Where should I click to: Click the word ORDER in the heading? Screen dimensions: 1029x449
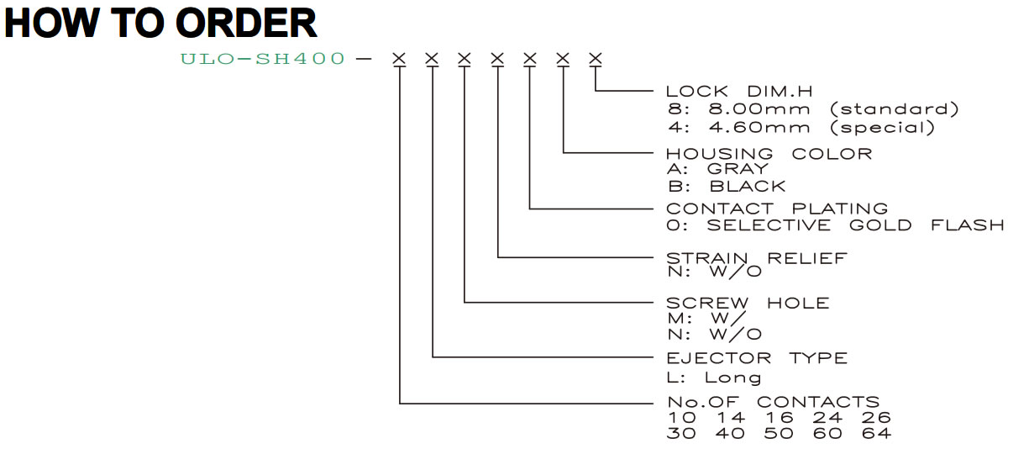[246, 23]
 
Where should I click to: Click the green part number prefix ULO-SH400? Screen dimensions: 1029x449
[262, 59]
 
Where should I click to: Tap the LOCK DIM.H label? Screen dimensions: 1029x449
[739, 91]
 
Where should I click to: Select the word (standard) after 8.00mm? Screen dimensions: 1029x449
[895, 109]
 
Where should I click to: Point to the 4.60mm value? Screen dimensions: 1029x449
[759, 127]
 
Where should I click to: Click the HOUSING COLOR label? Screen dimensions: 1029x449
[769, 154]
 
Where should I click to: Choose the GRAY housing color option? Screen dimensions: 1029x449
[738, 169]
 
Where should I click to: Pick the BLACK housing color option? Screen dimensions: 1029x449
[748, 187]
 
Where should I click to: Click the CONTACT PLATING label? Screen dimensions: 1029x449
[777, 209]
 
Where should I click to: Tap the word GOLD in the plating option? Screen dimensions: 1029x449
[880, 225]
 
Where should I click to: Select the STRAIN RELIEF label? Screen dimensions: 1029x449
[757, 258]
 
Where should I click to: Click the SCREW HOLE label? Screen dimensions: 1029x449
[748, 304]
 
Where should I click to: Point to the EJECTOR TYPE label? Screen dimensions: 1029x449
[757, 358]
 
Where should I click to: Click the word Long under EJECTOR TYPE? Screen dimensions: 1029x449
[733, 378]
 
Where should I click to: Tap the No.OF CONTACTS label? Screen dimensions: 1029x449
[773, 402]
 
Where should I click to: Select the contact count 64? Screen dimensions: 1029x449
[876, 433]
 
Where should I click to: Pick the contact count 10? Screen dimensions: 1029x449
[682, 418]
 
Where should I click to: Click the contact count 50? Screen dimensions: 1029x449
[779, 433]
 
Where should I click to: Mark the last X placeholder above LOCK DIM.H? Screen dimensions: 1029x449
[596, 59]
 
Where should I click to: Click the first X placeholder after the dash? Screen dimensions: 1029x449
[399, 59]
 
